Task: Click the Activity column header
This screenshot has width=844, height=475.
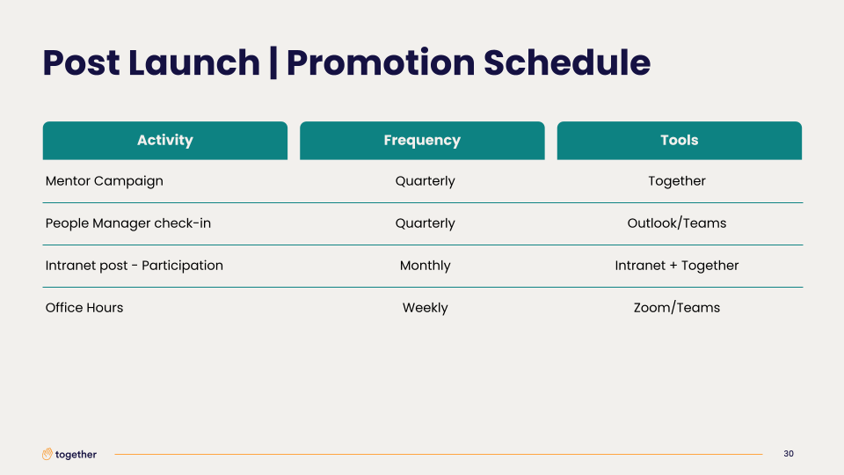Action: pos(164,141)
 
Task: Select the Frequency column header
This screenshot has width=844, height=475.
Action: pos(422,141)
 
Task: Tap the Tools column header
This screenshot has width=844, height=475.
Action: pos(680,141)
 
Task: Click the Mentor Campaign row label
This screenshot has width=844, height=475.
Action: pos(104,181)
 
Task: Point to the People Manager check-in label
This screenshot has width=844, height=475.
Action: pos(128,223)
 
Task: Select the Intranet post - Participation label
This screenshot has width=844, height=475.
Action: pos(134,266)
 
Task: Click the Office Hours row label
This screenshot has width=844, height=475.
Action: pos(84,308)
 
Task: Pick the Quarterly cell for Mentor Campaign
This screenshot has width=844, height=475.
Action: pos(426,181)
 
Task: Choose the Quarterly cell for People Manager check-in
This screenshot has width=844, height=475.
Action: pos(426,223)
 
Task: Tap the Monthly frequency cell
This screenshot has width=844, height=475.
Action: pos(426,266)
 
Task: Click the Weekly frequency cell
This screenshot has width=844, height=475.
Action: pos(426,308)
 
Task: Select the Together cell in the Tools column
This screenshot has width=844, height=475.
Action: pos(677,181)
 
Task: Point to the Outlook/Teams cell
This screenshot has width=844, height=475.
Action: pos(677,223)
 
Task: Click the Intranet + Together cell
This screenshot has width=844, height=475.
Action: pos(677,266)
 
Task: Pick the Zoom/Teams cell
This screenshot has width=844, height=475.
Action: pos(677,308)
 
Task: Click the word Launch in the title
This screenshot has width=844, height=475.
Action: pos(193,62)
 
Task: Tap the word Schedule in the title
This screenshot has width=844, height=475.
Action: pos(567,62)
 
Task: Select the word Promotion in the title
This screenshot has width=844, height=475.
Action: pos(381,63)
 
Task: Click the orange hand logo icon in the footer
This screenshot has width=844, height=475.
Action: pos(47,454)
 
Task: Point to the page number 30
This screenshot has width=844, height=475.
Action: pos(789,454)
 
